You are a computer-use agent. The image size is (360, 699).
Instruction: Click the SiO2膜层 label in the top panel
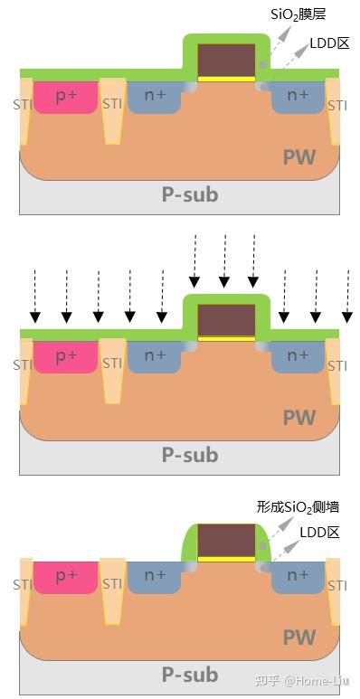298,15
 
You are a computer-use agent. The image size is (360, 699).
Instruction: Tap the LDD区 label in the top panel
329,43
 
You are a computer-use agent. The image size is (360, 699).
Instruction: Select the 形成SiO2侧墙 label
298,507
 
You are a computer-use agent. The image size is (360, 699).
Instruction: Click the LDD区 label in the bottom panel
319,533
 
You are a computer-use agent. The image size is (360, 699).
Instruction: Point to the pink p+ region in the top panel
65,97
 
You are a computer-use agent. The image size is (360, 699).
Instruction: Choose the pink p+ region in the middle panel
65,357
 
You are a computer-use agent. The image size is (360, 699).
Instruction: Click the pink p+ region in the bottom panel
65,578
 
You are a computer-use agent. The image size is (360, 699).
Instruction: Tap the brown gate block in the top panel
227,60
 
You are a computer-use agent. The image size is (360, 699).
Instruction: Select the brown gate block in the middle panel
227,320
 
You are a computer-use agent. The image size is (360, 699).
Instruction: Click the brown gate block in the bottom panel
227,540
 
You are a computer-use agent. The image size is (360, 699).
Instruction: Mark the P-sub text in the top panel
190,194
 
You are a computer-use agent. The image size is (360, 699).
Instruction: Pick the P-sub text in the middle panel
190,455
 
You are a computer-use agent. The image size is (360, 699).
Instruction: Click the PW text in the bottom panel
299,638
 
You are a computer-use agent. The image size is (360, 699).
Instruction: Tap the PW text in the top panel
299,157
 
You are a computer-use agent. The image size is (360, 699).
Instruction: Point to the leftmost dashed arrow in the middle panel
34,296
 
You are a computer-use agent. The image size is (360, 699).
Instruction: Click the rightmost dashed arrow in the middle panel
347,296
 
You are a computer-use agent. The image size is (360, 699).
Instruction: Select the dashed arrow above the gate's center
224,260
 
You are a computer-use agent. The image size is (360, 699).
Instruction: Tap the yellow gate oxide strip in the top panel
227,79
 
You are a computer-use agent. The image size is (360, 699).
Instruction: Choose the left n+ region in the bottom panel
155,578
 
